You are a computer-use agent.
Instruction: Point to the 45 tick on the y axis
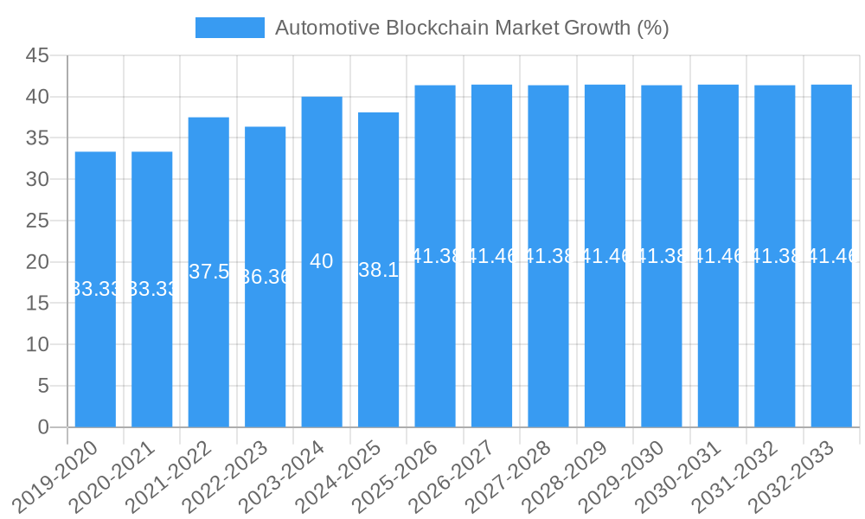coord(37,56)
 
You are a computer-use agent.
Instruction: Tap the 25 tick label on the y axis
coord(37,221)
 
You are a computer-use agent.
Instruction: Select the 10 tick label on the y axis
coord(37,345)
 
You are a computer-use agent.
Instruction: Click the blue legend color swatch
coord(229,28)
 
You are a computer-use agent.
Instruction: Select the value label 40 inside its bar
coord(321,261)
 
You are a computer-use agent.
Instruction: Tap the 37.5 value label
coord(208,272)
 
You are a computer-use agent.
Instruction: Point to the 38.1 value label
coord(378,270)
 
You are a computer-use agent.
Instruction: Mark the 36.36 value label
coord(265,277)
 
